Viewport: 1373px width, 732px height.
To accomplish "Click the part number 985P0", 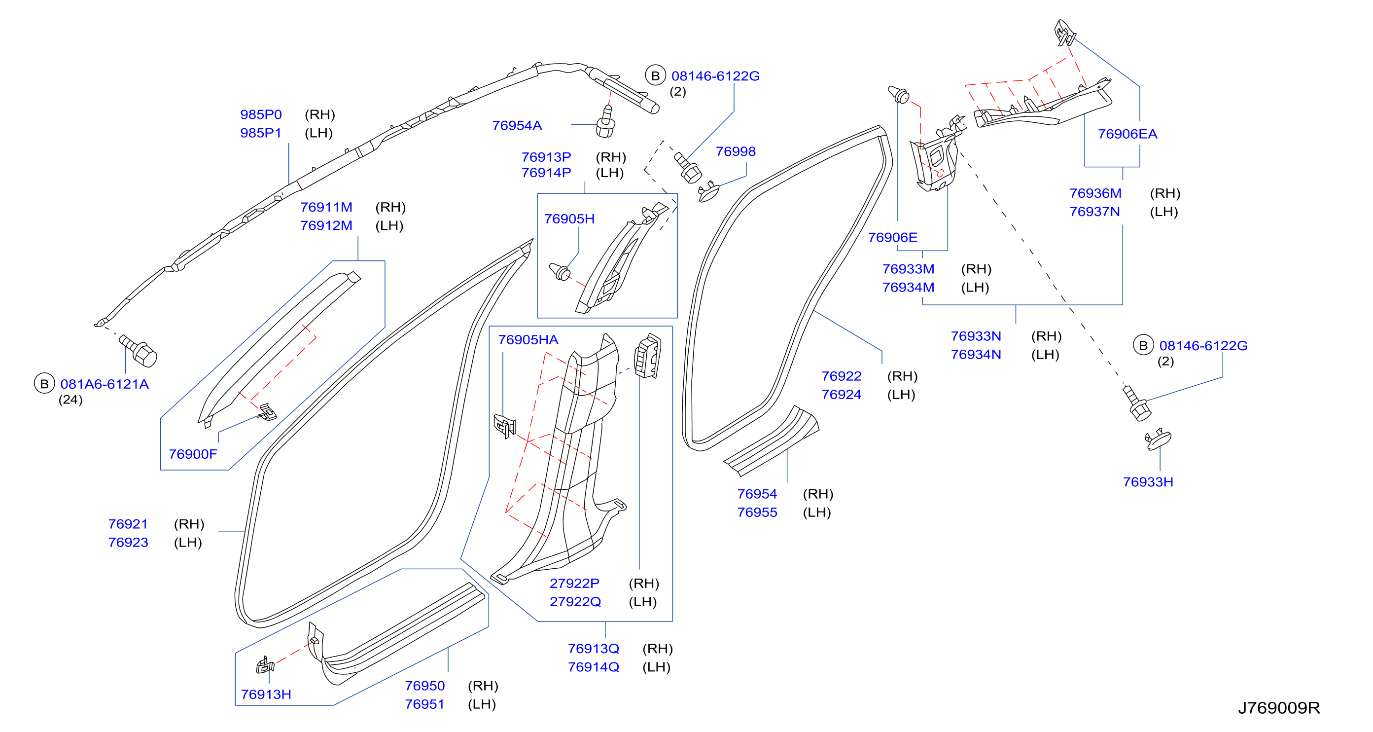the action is point(261,114).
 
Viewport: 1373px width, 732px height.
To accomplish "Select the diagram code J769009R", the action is point(1279,708).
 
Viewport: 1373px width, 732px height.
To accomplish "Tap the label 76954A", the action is point(517,126).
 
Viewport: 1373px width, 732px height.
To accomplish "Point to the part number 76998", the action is point(736,152).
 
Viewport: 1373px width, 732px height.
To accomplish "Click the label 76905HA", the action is point(528,340).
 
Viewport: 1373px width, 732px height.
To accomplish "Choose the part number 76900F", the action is point(193,454).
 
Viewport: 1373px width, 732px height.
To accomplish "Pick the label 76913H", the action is point(266,695).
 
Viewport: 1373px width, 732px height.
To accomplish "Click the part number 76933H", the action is point(1148,482).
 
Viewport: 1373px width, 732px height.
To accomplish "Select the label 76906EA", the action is point(1127,134).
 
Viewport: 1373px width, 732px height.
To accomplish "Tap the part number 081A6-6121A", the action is point(105,384).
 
